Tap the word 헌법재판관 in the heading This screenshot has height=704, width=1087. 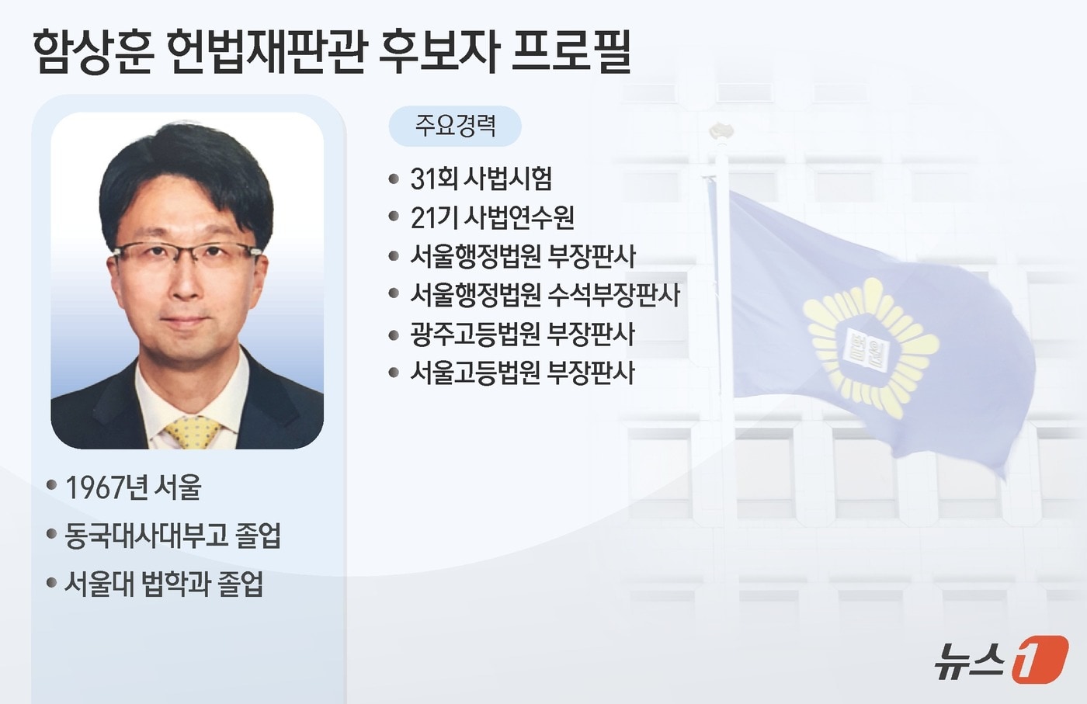(266, 52)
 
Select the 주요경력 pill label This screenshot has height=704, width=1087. (455, 126)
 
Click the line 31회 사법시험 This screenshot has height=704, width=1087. (481, 179)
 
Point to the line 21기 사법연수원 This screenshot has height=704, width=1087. (492, 218)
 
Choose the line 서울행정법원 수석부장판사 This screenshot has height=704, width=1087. (545, 295)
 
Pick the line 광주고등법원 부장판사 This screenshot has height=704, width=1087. (523, 334)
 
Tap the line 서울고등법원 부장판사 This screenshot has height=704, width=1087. (523, 373)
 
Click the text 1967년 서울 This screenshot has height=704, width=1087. (133, 487)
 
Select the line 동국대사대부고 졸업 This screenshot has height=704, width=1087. (172, 536)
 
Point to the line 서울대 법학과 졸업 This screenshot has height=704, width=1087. (163, 584)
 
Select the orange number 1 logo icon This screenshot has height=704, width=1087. (1040, 660)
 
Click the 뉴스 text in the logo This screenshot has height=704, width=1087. (970, 661)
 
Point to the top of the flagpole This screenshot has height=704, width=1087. (721, 130)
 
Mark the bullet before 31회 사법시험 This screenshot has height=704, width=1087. (394, 179)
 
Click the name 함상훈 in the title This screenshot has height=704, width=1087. (92, 52)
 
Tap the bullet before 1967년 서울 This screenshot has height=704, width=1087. (51, 486)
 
